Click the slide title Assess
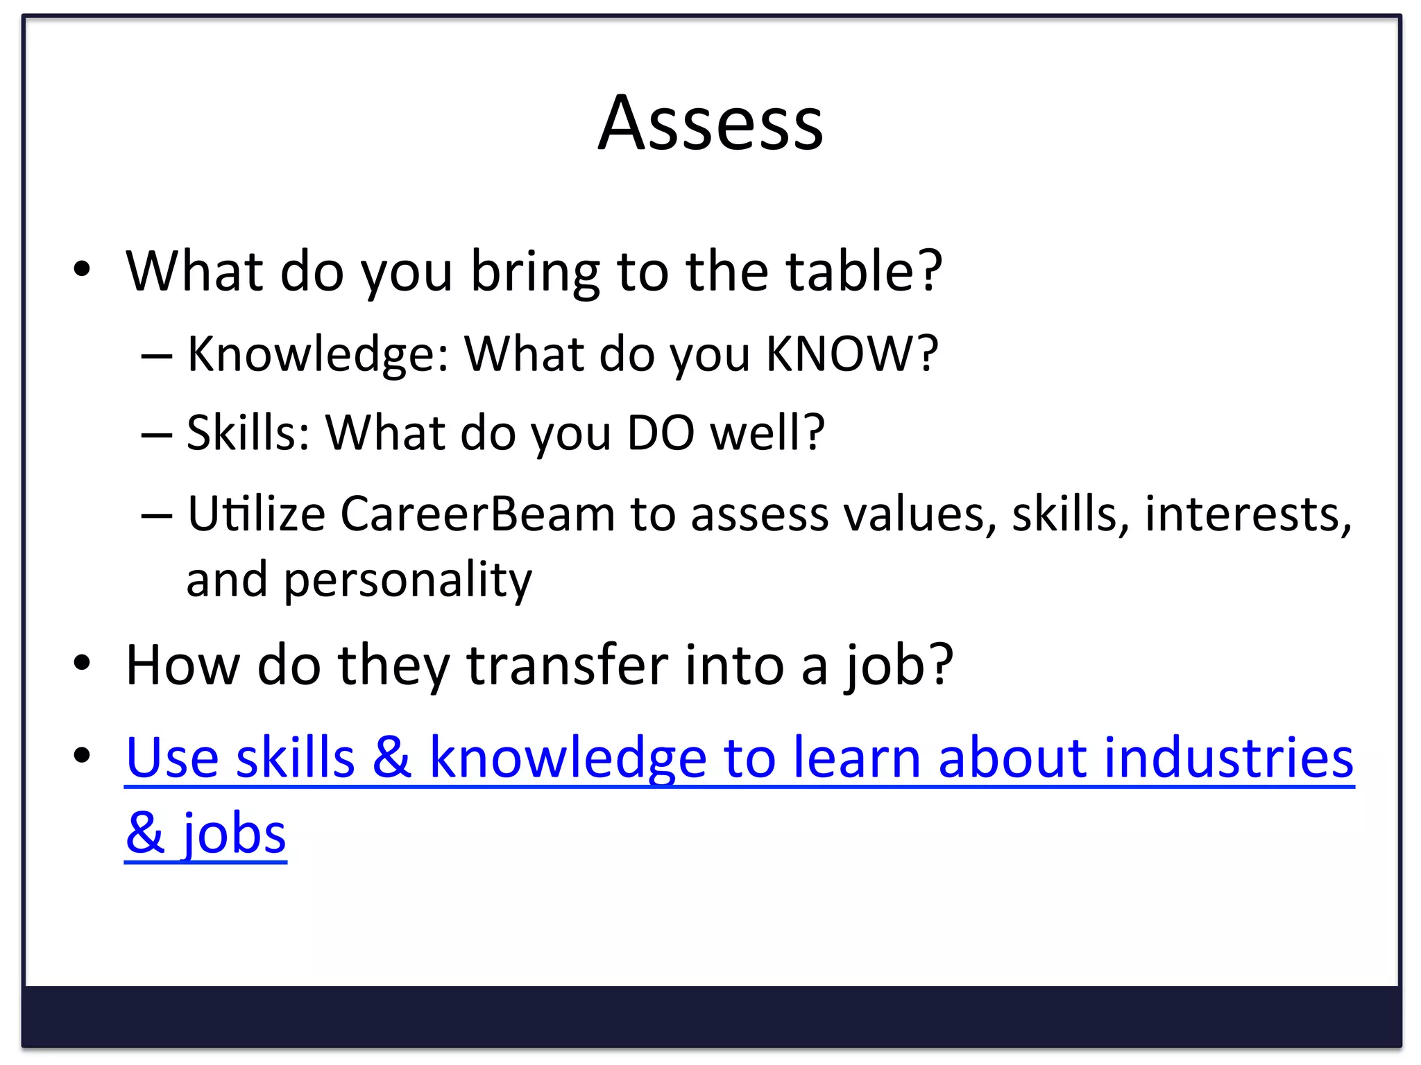click(710, 124)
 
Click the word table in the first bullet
click(853, 271)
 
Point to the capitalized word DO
click(660, 433)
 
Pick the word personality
click(407, 580)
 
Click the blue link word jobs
click(234, 834)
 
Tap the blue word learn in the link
click(856, 758)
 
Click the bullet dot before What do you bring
click(82, 270)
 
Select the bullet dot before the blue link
click(82, 755)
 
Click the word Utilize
click(256, 514)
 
